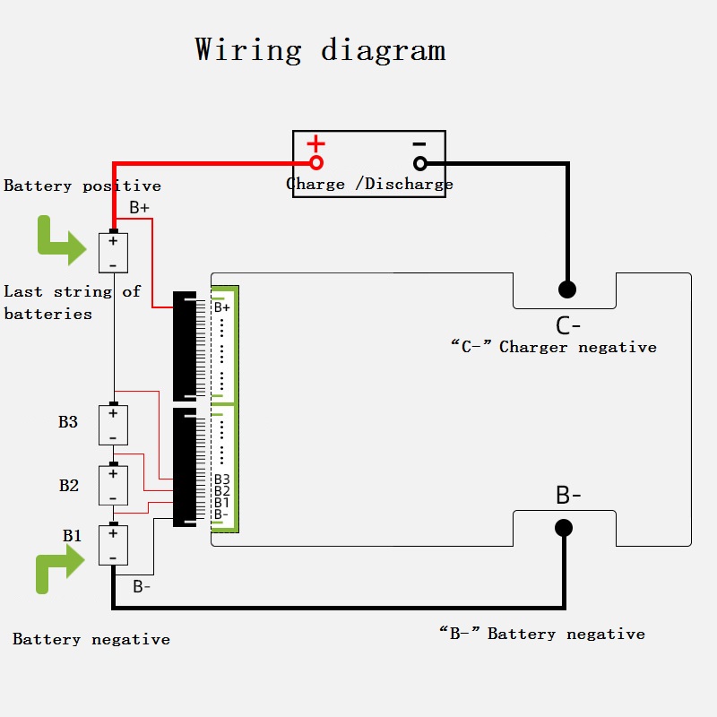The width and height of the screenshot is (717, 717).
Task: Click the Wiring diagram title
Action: (x=320, y=49)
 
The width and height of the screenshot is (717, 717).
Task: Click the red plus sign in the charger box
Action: (x=316, y=143)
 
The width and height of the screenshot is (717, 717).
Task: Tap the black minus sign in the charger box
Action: (x=419, y=143)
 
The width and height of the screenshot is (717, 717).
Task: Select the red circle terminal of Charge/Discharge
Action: (x=316, y=163)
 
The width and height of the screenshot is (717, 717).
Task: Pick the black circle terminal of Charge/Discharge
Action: (x=419, y=163)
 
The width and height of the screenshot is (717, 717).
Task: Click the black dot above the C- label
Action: (x=566, y=289)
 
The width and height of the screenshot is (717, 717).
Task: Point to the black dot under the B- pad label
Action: (x=564, y=527)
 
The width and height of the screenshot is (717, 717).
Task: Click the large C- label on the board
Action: (x=568, y=324)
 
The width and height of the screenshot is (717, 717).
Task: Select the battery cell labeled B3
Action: (x=113, y=425)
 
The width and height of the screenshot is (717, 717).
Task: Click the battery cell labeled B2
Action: (x=113, y=486)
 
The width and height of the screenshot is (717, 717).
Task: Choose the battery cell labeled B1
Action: (x=113, y=545)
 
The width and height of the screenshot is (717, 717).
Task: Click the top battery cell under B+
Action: (x=113, y=253)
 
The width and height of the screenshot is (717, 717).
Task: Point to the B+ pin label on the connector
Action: (x=222, y=307)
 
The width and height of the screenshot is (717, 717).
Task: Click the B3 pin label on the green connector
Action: (x=222, y=479)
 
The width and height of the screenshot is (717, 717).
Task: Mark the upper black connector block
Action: (x=185, y=345)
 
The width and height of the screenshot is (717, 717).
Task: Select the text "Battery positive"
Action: (x=82, y=186)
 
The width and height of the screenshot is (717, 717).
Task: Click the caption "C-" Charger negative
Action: (x=553, y=347)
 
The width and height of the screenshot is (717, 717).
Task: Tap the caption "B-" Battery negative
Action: (x=541, y=634)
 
